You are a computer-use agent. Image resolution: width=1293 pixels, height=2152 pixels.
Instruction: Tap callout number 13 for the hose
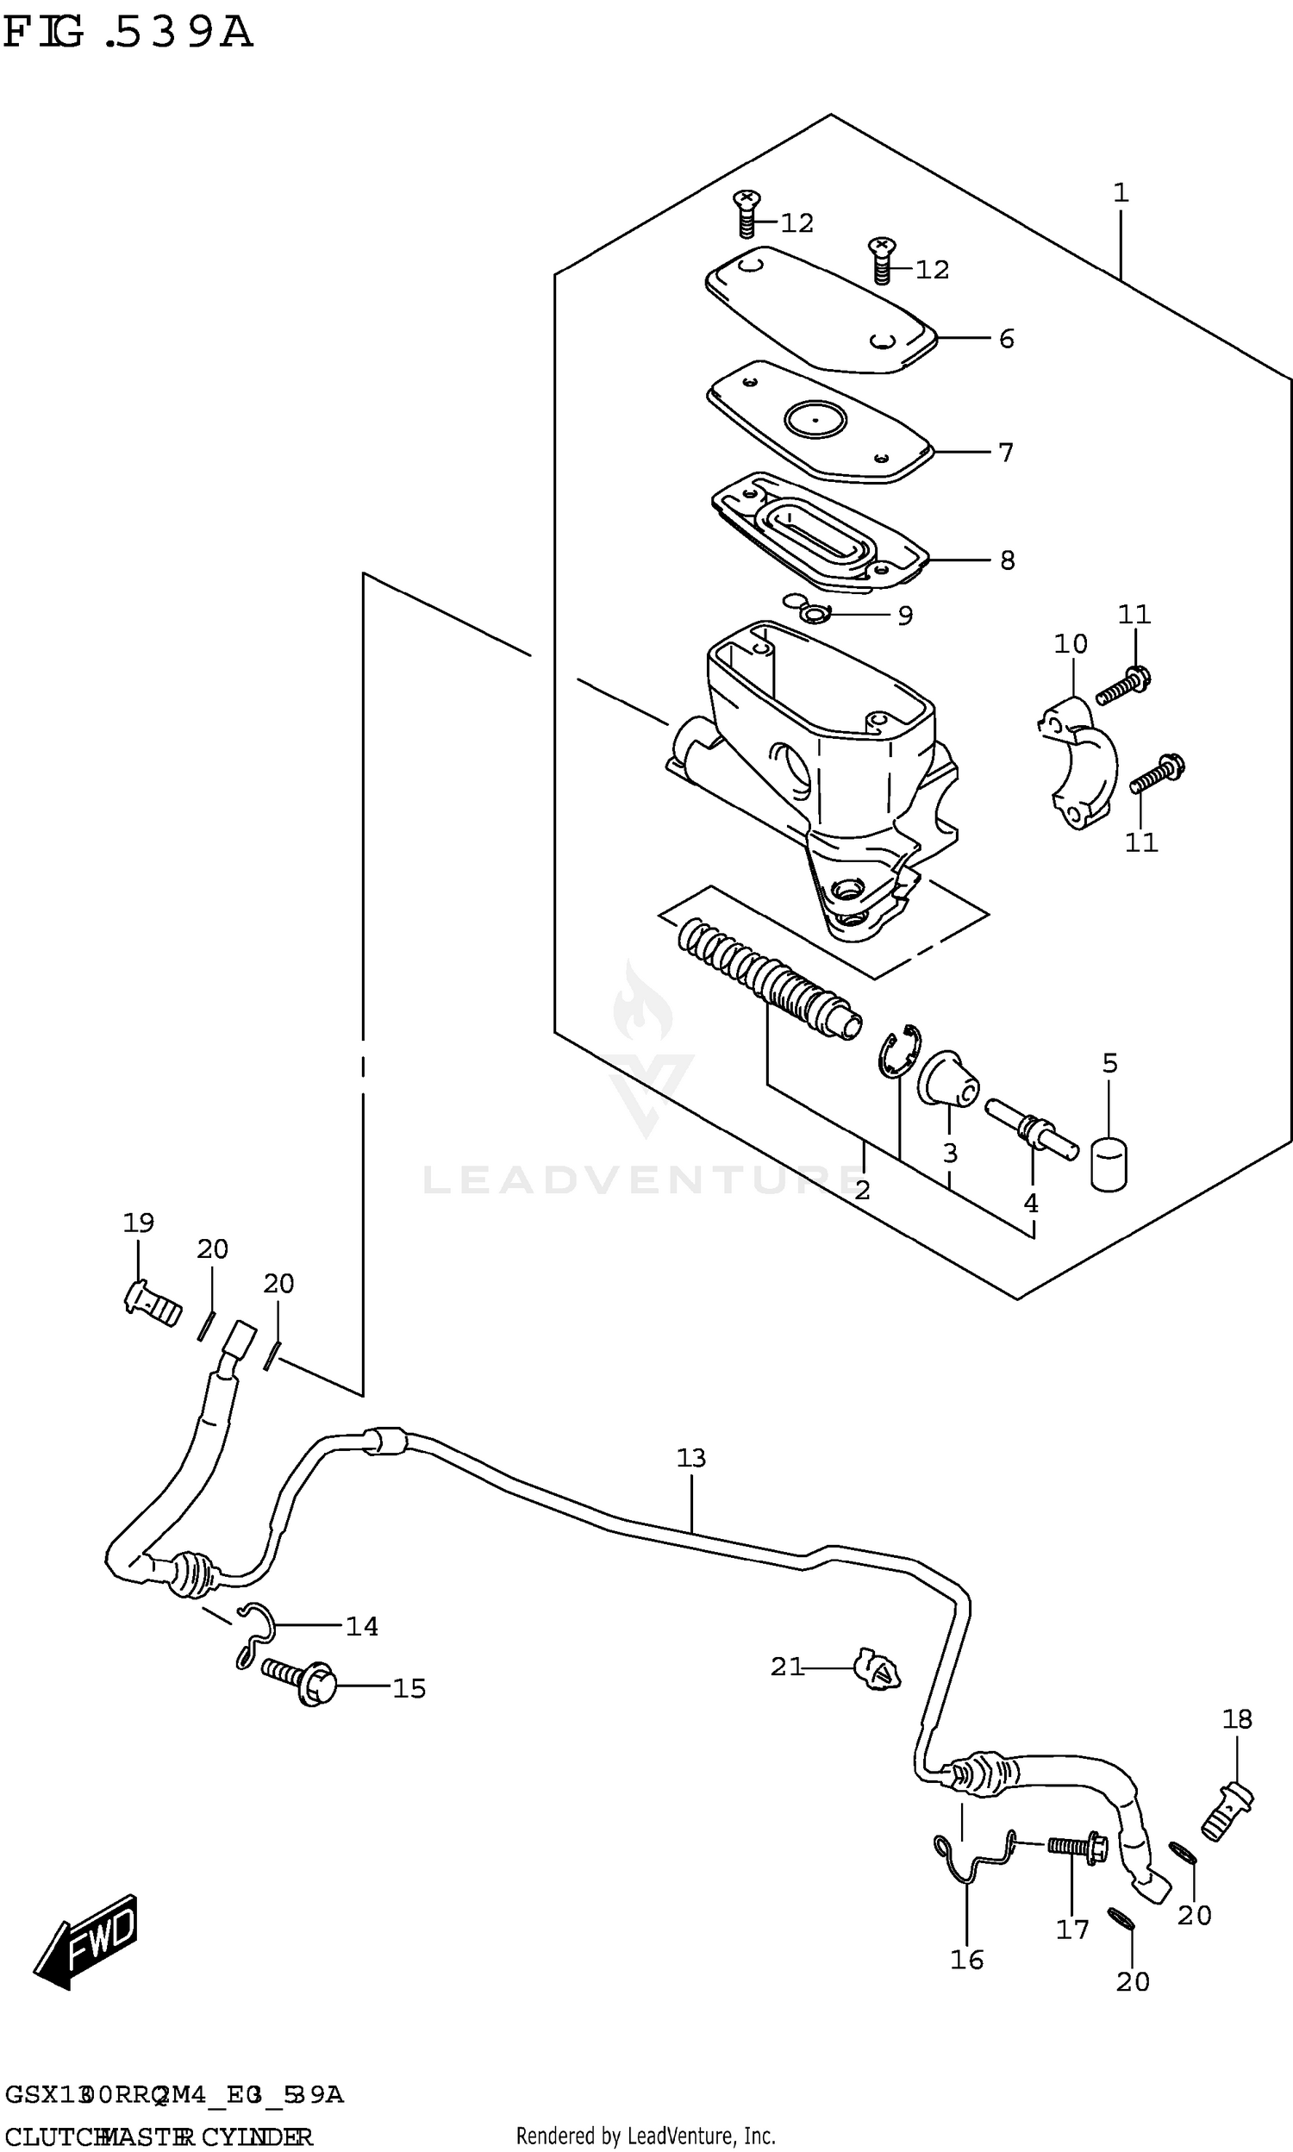point(691,1458)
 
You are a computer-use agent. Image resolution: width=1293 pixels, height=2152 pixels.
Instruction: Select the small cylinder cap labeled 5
point(1109,1163)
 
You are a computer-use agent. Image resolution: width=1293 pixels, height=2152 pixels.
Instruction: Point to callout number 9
point(905,616)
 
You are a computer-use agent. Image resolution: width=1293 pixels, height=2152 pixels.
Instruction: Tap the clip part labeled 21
point(878,1668)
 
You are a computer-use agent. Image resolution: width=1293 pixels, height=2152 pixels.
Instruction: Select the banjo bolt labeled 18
point(1228,1808)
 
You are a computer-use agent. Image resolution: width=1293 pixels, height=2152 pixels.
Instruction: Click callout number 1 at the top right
point(1121,192)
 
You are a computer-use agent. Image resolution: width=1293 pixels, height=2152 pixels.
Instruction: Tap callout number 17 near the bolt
point(1072,1930)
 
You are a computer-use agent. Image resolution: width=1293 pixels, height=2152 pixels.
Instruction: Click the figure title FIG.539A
point(128,33)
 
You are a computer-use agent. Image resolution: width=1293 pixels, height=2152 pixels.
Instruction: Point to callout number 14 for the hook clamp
point(361,1626)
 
